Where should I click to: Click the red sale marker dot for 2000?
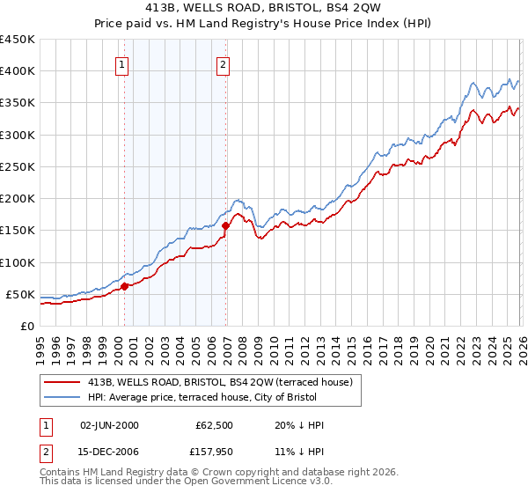pyautogui.click(x=125, y=285)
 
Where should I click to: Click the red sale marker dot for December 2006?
pyautogui.click(x=226, y=225)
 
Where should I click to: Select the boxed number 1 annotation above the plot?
pyautogui.click(x=121, y=63)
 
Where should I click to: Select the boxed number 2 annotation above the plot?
pyautogui.click(x=224, y=63)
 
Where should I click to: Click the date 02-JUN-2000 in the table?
pyautogui.click(x=109, y=425)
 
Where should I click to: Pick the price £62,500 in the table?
pyautogui.click(x=215, y=425)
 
